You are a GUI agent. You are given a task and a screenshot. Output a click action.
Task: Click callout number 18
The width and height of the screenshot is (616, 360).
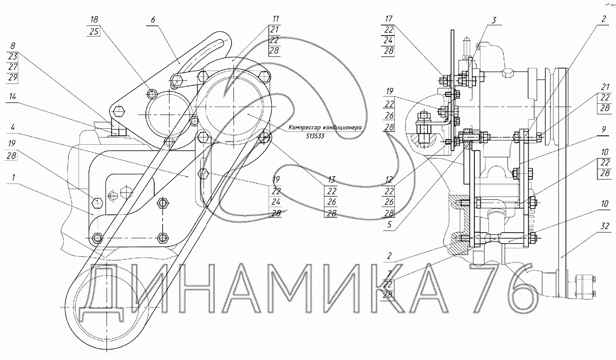pyautogui.click(x=95, y=19)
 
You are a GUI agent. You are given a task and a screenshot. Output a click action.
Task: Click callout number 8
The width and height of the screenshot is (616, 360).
pyautogui.click(x=13, y=46)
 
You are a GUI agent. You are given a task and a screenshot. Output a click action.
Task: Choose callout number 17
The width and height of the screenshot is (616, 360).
pyautogui.click(x=389, y=19)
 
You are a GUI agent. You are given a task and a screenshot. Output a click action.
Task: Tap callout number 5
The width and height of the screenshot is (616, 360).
pyautogui.click(x=389, y=224)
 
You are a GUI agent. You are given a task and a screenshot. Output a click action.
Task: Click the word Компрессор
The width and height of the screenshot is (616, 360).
pyautogui.click(x=307, y=128)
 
